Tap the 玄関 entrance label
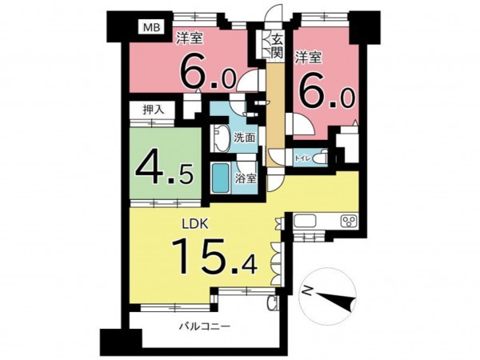(x=277, y=46)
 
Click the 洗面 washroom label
(x=244, y=138)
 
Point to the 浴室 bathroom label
(x=246, y=178)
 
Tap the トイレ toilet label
(x=303, y=158)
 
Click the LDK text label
(x=195, y=224)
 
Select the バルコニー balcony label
(x=204, y=326)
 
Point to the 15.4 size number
(x=214, y=256)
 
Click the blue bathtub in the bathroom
(x=221, y=178)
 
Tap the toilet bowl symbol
(x=322, y=158)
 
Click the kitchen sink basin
(x=305, y=222)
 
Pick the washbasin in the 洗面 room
(x=221, y=139)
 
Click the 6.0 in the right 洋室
(x=327, y=92)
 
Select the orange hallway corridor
(x=275, y=115)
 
